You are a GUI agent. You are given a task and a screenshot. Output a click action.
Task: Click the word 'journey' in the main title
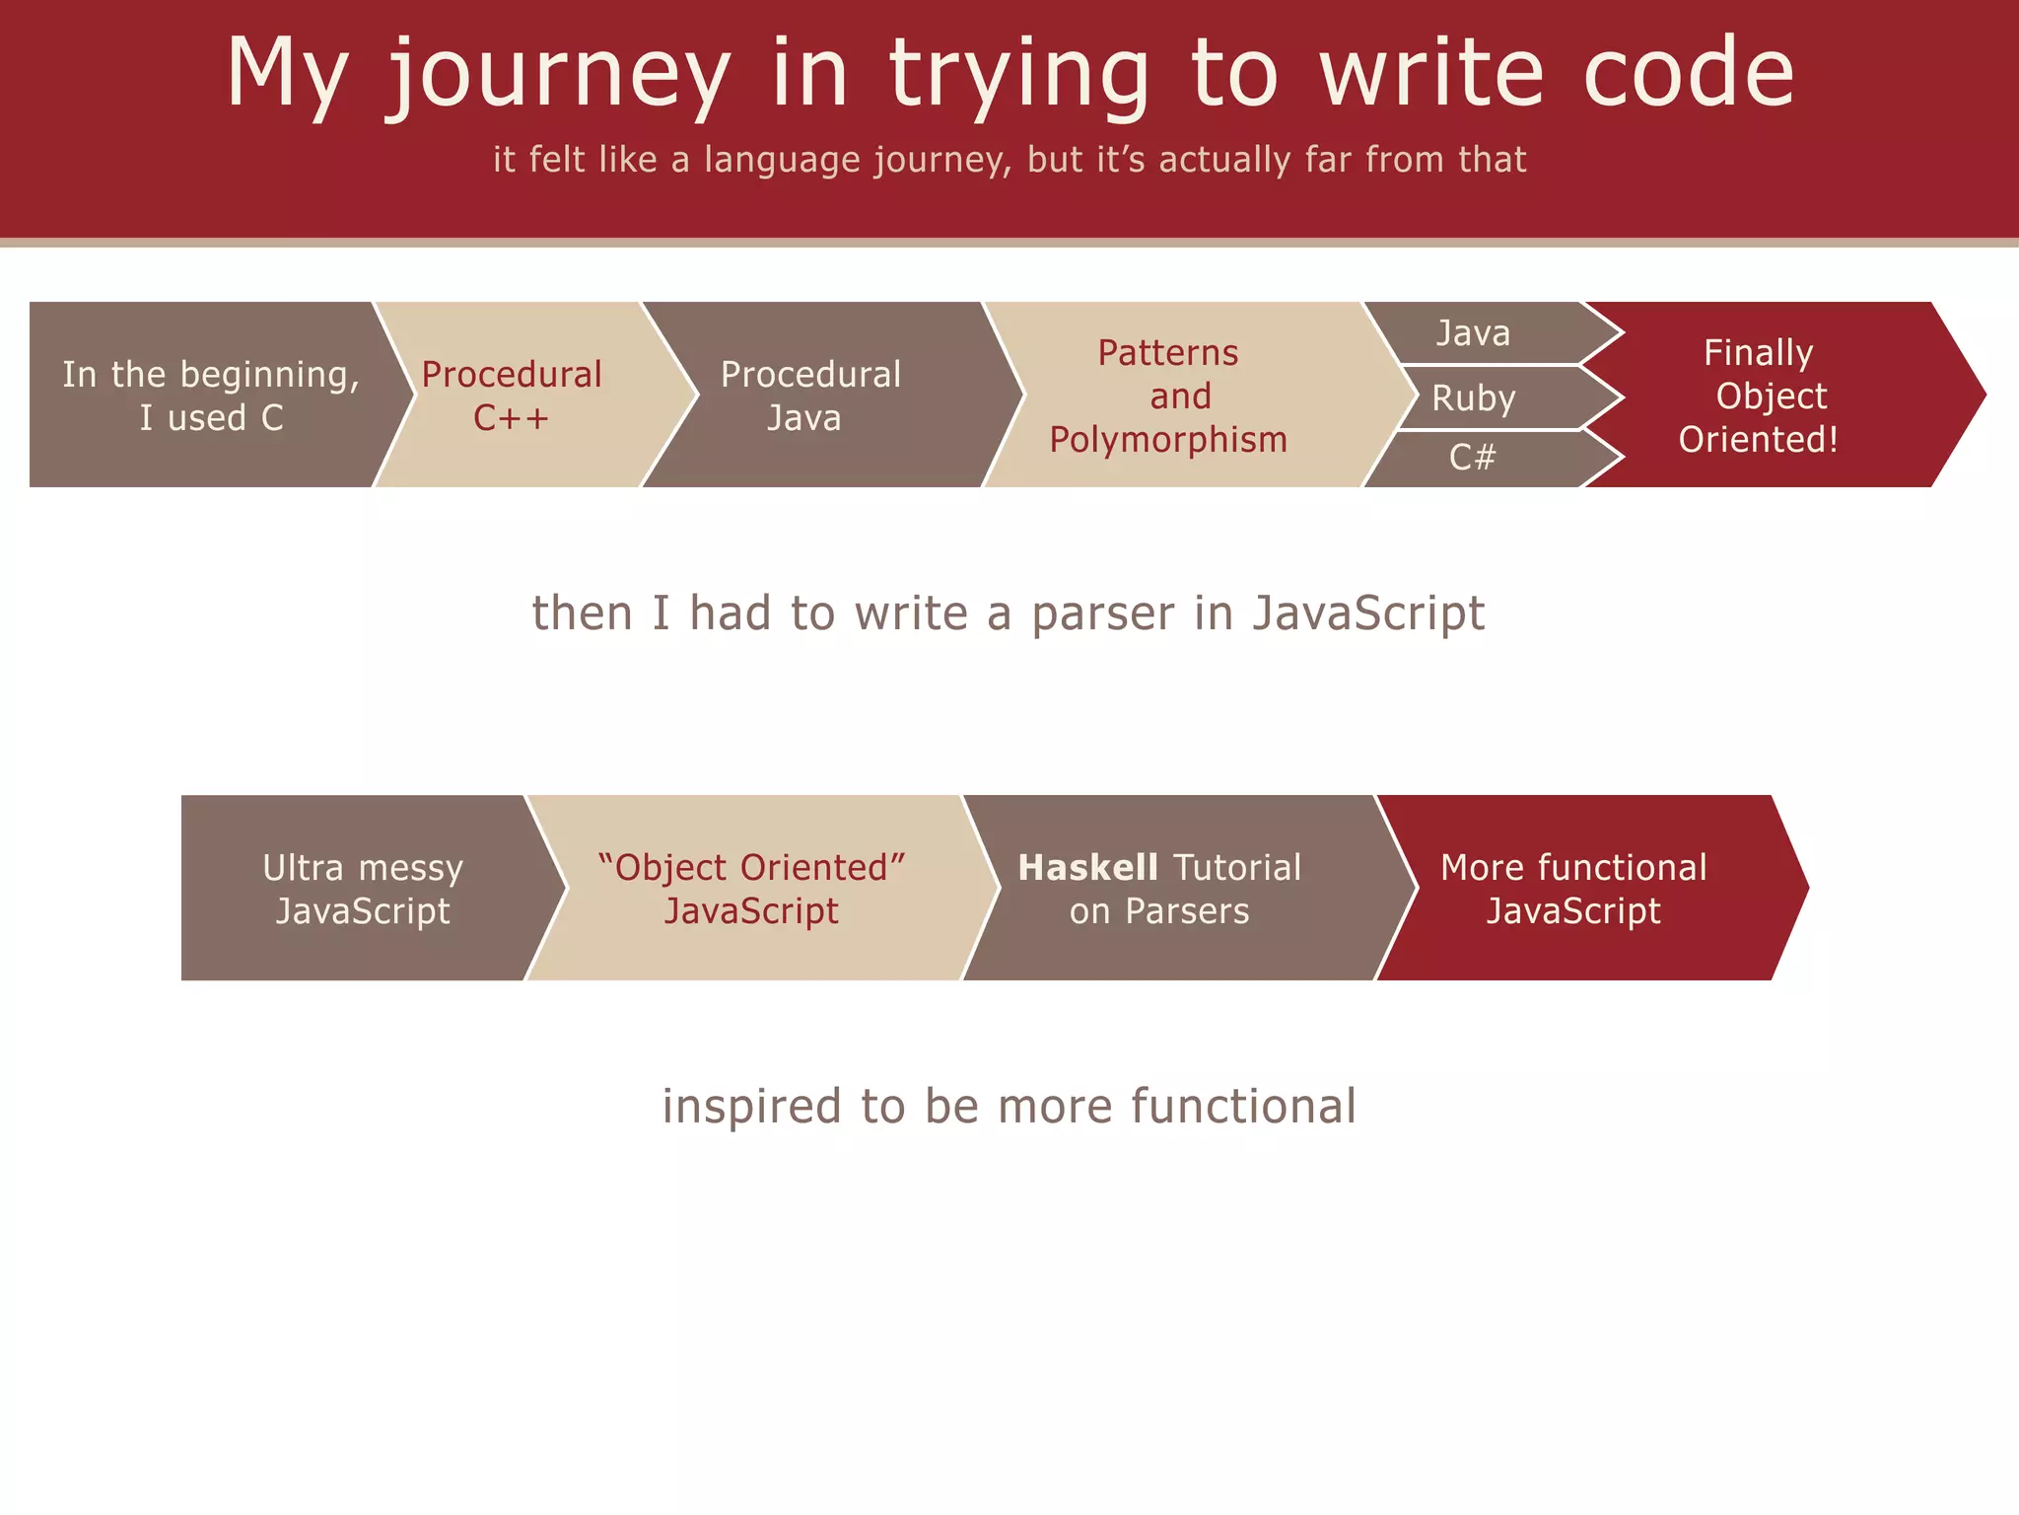(x=558, y=75)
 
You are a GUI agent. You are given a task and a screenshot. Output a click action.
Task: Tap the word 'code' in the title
(x=1689, y=73)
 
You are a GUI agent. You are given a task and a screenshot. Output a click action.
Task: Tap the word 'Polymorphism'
(x=1168, y=440)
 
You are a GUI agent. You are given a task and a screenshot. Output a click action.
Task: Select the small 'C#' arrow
(x=1473, y=458)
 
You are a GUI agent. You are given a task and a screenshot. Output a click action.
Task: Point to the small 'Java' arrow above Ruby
(x=1473, y=333)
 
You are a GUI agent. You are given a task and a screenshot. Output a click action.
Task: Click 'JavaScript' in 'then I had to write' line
(x=1368, y=613)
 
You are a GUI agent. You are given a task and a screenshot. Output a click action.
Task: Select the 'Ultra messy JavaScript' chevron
(x=363, y=889)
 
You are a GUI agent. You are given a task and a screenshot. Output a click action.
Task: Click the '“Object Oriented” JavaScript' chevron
(x=751, y=889)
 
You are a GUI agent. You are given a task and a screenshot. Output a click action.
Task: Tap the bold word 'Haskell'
(x=1087, y=868)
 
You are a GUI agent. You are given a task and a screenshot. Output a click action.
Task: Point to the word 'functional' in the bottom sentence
(x=1243, y=1107)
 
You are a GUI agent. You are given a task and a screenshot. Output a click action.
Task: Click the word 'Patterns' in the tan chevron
(x=1168, y=353)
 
